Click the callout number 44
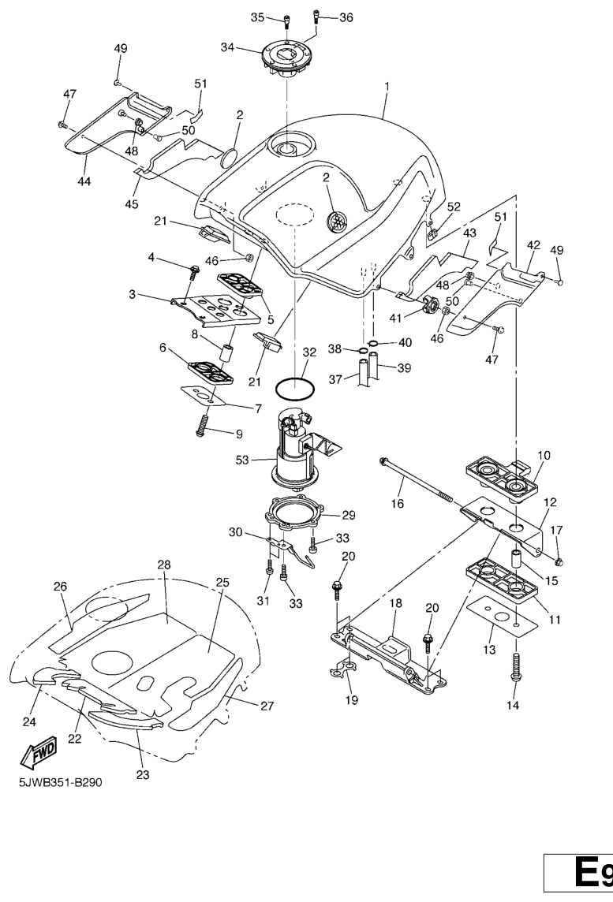click(84, 181)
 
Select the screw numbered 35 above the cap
click(286, 20)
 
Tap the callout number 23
click(142, 774)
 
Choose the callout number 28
click(163, 565)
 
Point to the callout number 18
click(396, 603)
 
